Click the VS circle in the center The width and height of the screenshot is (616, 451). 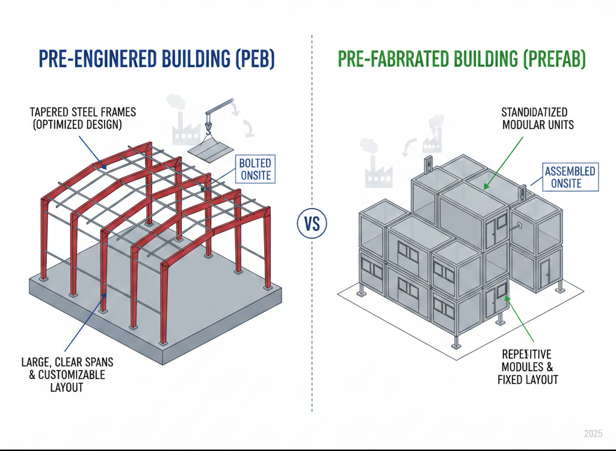(312, 226)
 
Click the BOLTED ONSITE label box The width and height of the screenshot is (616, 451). (254, 170)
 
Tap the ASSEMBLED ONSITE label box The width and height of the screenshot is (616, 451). (570, 177)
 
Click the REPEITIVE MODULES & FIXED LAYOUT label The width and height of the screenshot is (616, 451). (528, 367)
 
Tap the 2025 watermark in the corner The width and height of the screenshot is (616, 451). (593, 434)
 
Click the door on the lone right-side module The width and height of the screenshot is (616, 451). (546, 271)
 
